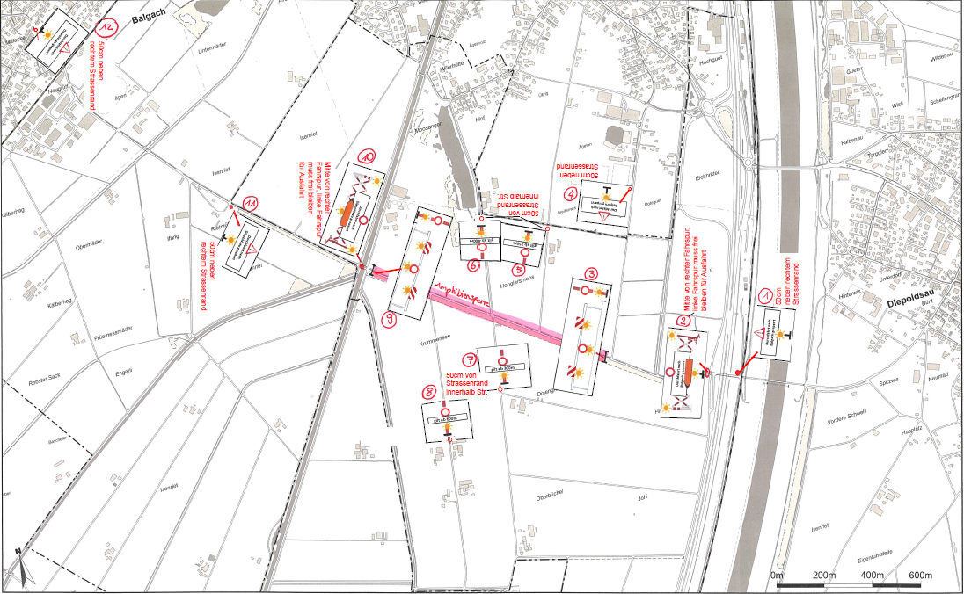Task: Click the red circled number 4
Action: pos(573,194)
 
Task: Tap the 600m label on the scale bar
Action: pos(919,575)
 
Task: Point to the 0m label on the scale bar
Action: pos(776,575)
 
